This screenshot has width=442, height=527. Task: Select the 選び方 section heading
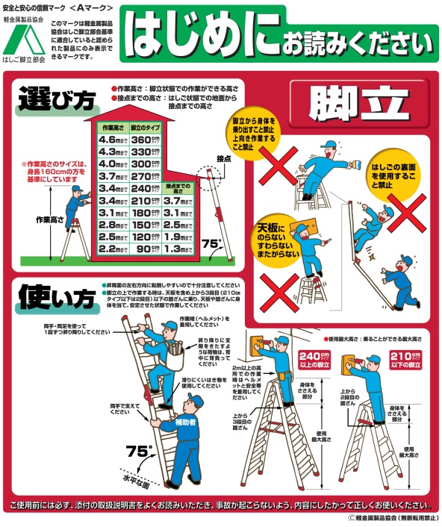(x=49, y=98)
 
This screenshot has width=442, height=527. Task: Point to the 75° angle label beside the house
(x=213, y=243)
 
